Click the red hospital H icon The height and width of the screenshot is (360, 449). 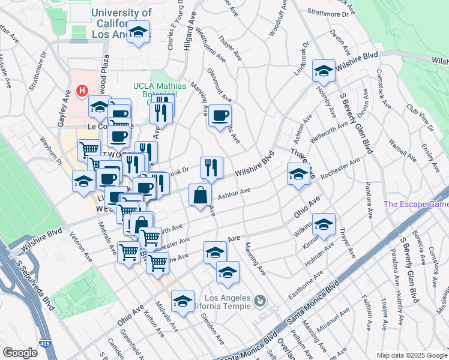point(83,91)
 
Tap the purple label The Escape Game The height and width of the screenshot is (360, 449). point(416,204)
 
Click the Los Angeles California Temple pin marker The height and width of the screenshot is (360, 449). point(259,300)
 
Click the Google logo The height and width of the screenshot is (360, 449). point(20,353)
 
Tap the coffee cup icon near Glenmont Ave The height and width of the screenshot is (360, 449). point(220,115)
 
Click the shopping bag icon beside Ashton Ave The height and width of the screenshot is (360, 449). point(200,194)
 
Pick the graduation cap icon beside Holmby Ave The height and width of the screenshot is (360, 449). point(324,71)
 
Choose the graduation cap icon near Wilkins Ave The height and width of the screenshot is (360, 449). point(323,224)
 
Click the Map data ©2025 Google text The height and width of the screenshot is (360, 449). point(412,355)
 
